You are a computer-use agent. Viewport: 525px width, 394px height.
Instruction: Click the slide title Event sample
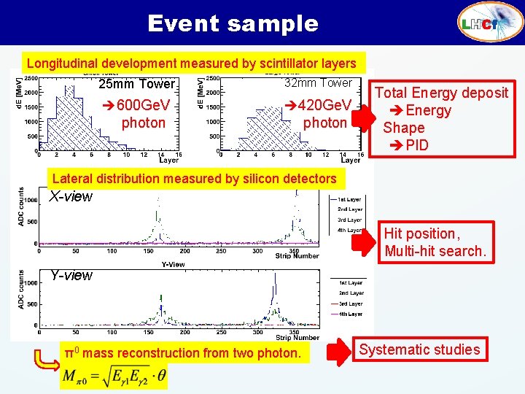[233, 23]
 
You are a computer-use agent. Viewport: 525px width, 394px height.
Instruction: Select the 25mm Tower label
[137, 85]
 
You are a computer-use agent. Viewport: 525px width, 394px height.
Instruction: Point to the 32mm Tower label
[318, 83]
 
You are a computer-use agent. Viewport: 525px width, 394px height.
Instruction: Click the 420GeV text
[325, 104]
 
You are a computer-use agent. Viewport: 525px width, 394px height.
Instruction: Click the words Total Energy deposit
[441, 93]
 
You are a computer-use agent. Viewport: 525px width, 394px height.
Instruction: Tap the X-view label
[71, 196]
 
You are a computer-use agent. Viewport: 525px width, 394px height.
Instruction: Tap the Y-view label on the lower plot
[71, 275]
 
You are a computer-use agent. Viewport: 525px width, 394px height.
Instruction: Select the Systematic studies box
[419, 349]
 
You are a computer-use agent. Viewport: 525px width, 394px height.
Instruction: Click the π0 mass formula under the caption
[114, 377]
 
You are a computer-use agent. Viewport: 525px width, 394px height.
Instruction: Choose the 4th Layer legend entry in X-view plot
[349, 230]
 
